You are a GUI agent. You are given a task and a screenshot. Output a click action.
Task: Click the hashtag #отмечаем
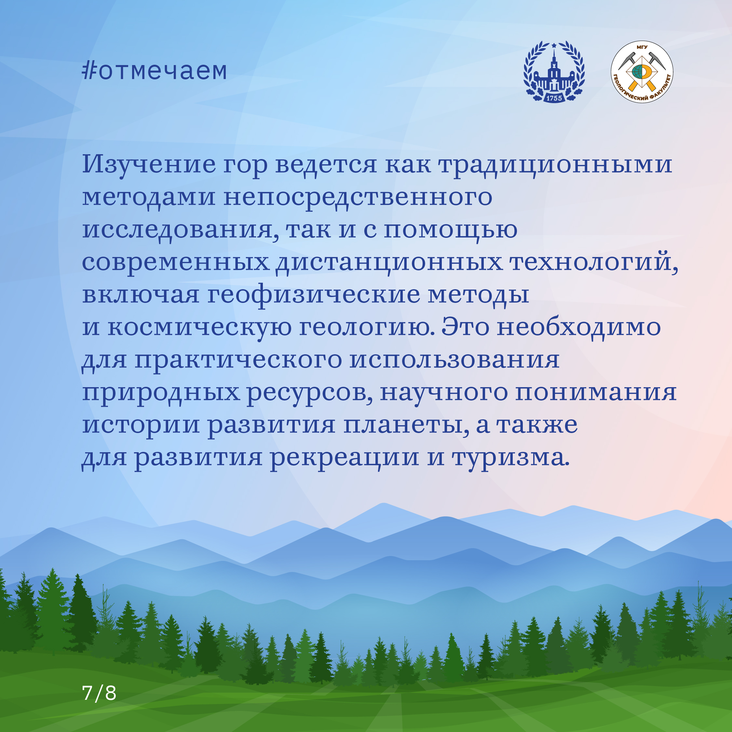coord(155,71)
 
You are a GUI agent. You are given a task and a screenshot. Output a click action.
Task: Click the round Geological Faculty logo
coord(642,72)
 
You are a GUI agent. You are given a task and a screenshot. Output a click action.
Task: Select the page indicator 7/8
coord(99,693)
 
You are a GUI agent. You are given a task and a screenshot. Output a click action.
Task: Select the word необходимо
coord(578,327)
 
